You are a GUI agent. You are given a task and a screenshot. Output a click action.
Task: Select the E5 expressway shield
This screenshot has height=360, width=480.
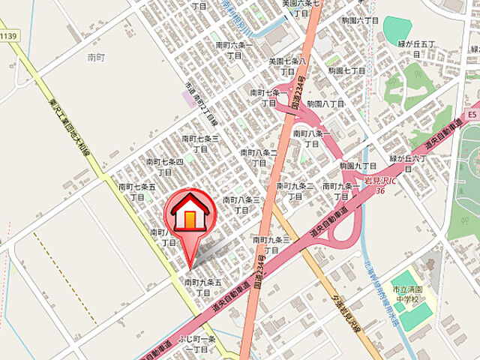click(x=471, y=115)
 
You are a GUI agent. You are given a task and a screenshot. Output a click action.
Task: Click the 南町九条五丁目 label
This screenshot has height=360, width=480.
click(x=202, y=287)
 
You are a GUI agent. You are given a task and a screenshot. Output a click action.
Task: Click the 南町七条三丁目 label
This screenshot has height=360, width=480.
click(x=199, y=144)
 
